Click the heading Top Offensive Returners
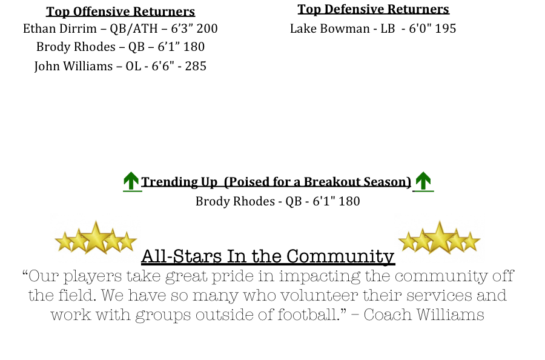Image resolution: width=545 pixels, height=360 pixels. pyautogui.click(x=121, y=12)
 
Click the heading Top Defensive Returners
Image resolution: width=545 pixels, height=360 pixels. pyautogui.click(x=373, y=9)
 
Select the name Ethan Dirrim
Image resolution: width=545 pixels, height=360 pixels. pyautogui.click(x=60, y=28)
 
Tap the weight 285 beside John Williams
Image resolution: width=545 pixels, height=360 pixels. pyautogui.click(x=196, y=66)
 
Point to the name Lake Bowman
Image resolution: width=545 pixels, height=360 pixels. pyautogui.click(x=330, y=28)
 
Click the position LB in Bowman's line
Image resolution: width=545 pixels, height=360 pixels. pyautogui.click(x=388, y=28)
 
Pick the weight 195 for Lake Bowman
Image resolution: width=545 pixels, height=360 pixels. pyautogui.click(x=445, y=28)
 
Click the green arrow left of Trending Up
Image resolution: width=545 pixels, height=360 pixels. pyautogui.click(x=131, y=181)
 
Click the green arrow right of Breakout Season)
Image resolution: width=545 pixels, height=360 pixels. pyautogui.click(x=423, y=181)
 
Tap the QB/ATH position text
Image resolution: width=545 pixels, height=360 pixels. pyautogui.click(x=134, y=28)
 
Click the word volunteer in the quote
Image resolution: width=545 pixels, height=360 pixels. pyautogui.click(x=319, y=295)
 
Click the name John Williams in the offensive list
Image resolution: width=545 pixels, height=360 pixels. pyautogui.click(x=73, y=66)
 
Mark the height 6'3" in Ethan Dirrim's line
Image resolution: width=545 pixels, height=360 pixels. pyautogui.click(x=182, y=28)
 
